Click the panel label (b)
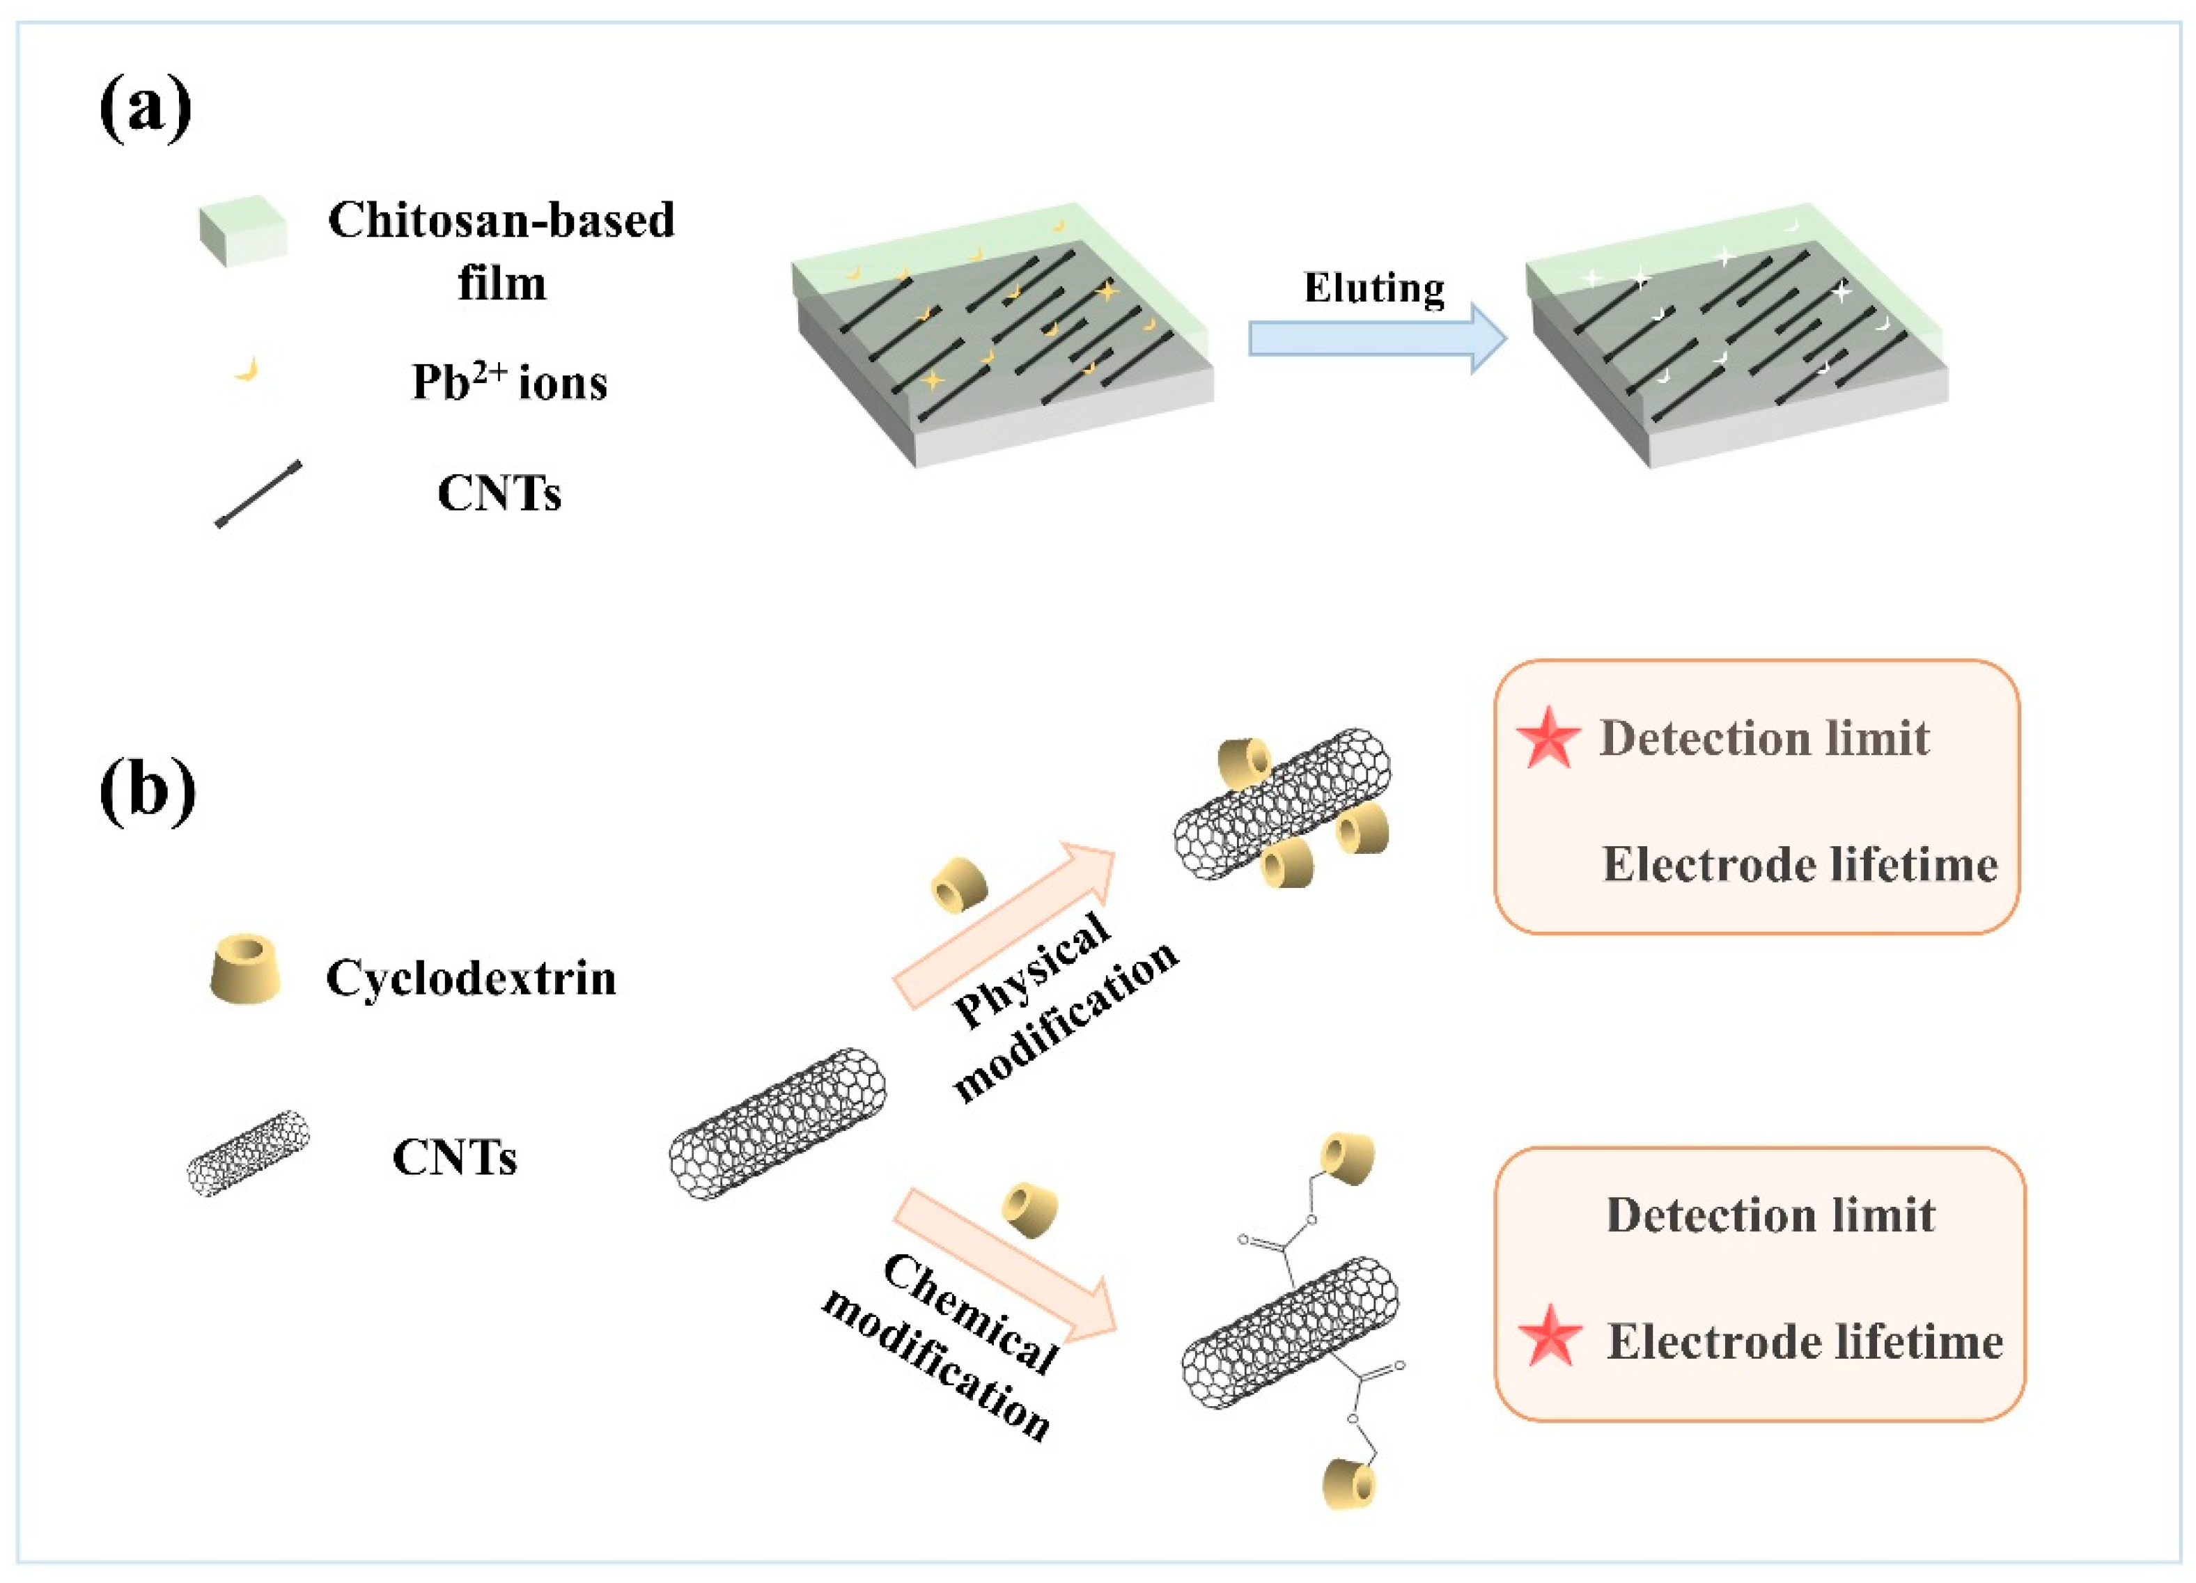click(x=147, y=791)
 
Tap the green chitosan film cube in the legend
click(x=242, y=231)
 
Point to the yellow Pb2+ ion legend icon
click(x=248, y=369)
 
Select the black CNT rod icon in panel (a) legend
click(x=258, y=494)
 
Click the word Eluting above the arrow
click(x=1374, y=288)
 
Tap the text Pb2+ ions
click(x=509, y=382)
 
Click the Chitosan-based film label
click(x=501, y=251)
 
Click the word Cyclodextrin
click(x=471, y=978)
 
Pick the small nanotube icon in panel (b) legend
click(x=248, y=1152)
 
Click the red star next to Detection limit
click(x=1548, y=738)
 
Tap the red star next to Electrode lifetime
click(x=1550, y=1336)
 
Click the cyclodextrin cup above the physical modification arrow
click(x=958, y=884)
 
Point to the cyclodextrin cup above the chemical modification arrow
click(x=1029, y=1209)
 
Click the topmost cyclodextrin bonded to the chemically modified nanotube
click(x=1348, y=1159)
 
